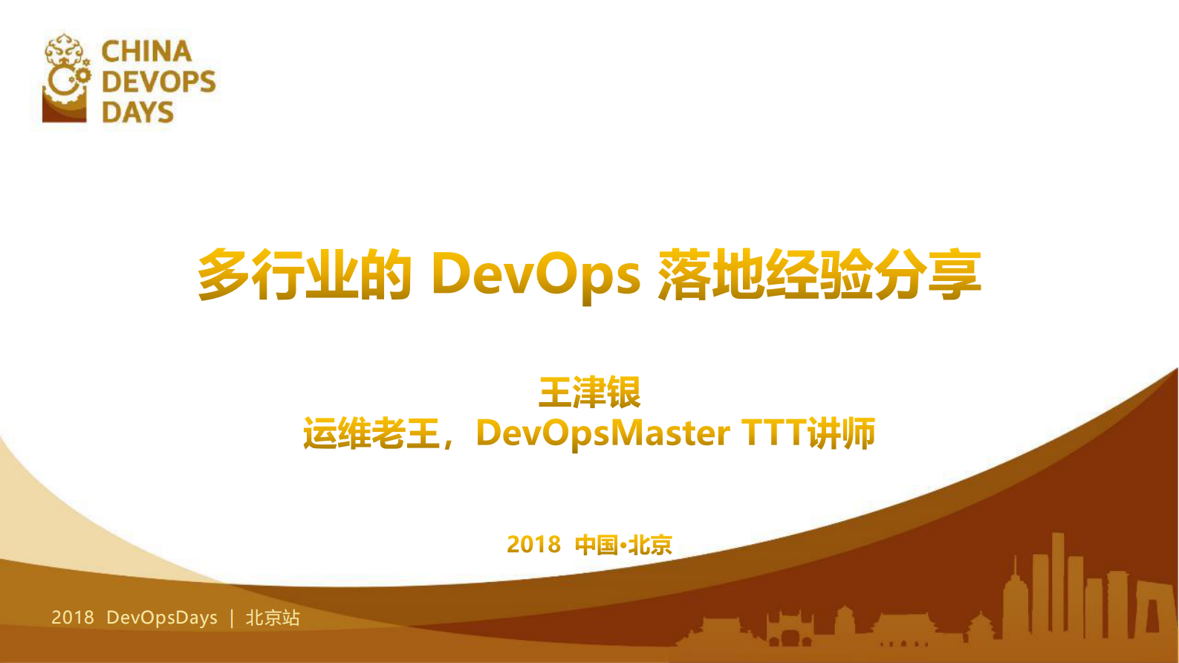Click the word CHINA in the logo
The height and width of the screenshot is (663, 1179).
(146, 51)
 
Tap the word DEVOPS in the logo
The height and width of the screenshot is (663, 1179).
(158, 82)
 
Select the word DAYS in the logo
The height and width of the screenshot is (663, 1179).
(137, 112)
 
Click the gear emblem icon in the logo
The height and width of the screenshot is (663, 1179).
(66, 78)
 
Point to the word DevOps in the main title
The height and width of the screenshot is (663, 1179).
(535, 274)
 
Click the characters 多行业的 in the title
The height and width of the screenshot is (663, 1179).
(305, 274)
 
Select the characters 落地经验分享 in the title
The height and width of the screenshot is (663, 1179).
(819, 274)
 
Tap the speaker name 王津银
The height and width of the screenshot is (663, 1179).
(589, 392)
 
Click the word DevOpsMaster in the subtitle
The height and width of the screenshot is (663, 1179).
(603, 433)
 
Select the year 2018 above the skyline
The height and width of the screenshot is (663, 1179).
(533, 545)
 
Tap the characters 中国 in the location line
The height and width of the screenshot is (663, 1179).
(596, 545)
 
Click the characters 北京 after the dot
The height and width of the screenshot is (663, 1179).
(650, 545)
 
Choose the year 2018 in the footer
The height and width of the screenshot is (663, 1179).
(73, 618)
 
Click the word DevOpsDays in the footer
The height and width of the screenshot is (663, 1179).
(162, 618)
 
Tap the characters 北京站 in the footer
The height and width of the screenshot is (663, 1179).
(273, 618)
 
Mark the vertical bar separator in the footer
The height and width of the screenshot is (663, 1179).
(232, 618)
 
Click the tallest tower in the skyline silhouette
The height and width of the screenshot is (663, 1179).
(1057, 580)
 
